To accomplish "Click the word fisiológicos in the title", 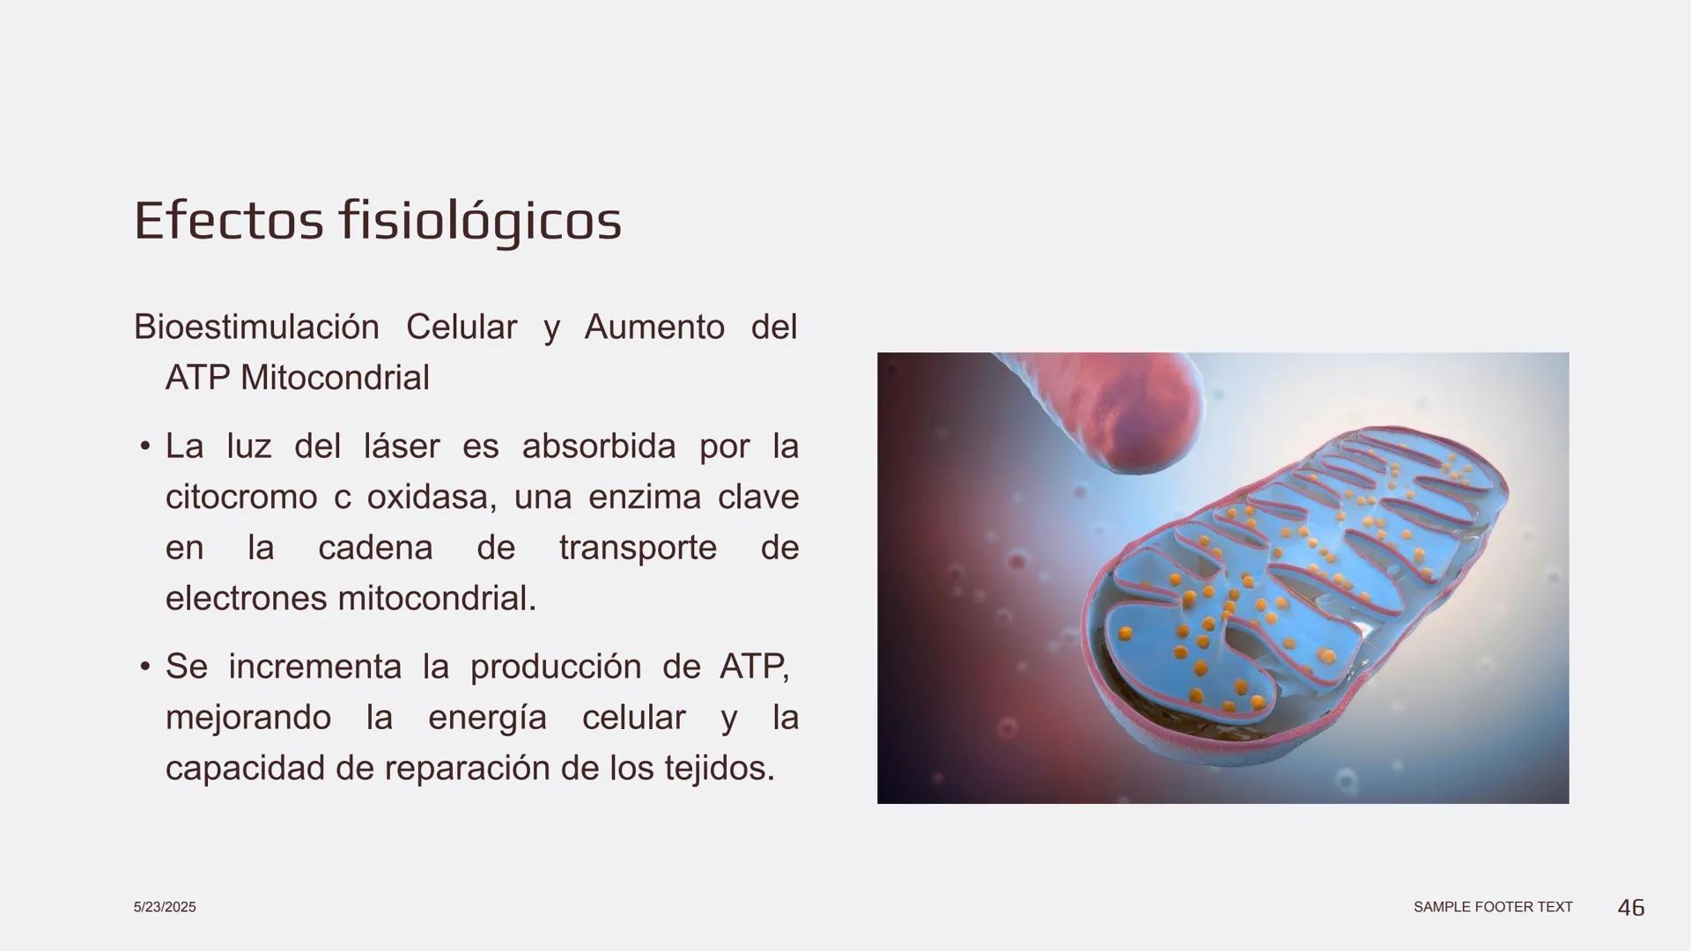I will [480, 222].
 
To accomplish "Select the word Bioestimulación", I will [256, 328].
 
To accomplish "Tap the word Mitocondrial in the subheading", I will [335, 379].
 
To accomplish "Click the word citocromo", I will [241, 498].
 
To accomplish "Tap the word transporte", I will [638, 548].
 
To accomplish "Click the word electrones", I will [246, 599].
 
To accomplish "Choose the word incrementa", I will [314, 667].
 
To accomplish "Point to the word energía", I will [487, 718].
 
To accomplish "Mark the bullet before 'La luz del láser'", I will [145, 446].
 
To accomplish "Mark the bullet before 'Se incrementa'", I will [145, 667].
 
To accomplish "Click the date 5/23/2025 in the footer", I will [165, 907].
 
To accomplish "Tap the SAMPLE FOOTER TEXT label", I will [1493, 907].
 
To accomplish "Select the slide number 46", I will [1631, 907].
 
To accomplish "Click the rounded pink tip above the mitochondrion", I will [1136, 414].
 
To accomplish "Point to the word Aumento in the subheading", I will [654, 328].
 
